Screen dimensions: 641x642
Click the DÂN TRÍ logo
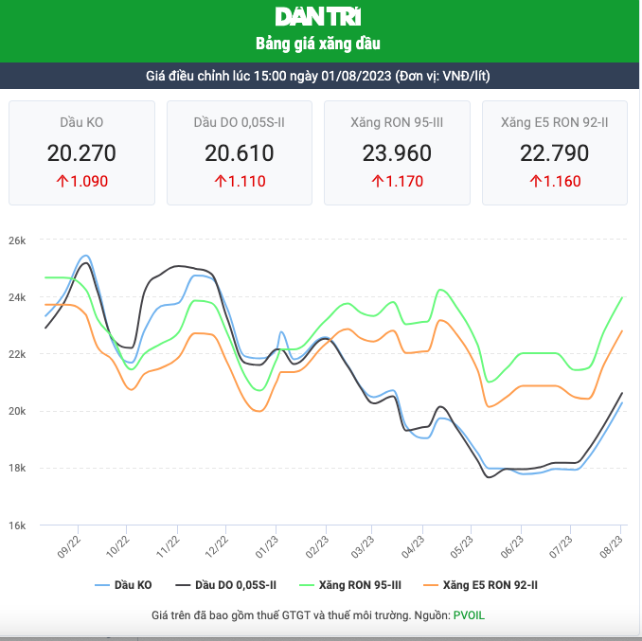[318, 16]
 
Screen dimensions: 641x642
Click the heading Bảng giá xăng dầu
[319, 44]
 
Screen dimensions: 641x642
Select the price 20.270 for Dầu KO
[81, 152]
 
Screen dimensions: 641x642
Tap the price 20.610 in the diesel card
[240, 152]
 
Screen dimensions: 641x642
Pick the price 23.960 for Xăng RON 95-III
[397, 152]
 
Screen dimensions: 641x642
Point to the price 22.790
[555, 152]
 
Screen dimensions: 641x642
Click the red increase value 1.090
[81, 181]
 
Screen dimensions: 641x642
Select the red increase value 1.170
[397, 181]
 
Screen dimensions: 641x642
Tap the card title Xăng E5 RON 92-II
[555, 122]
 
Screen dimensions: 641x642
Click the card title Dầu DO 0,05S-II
[240, 122]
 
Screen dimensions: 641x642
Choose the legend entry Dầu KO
[123, 585]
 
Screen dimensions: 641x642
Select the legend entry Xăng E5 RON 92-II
[490, 585]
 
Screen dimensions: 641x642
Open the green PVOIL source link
[469, 615]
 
